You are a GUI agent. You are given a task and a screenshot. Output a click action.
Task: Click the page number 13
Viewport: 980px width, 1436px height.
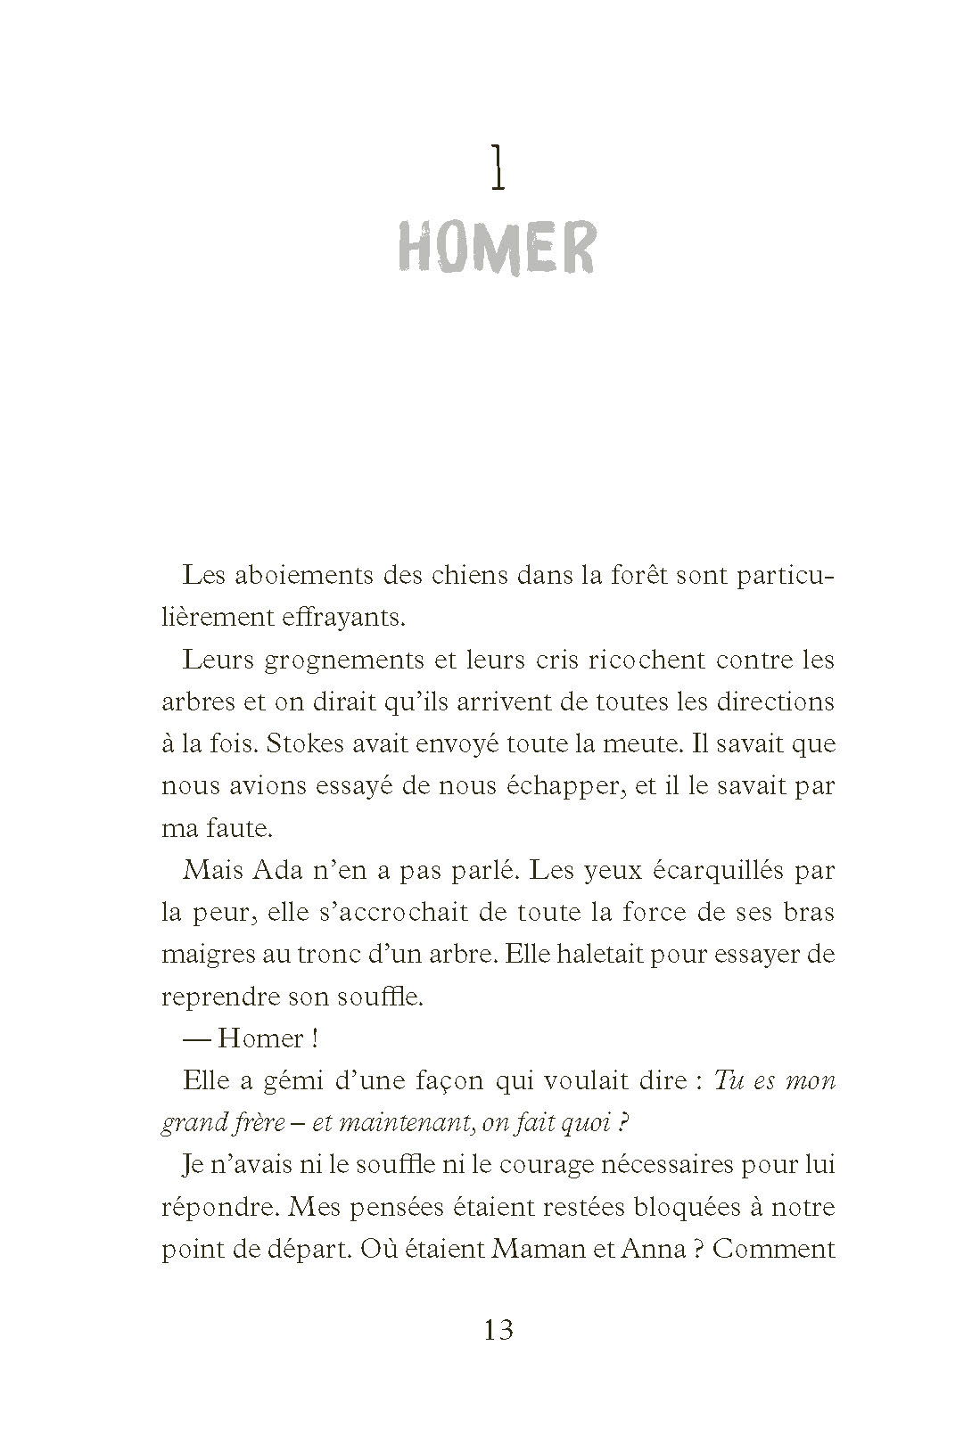click(x=499, y=1332)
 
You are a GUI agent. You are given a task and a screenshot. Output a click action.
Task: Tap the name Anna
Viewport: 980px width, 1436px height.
click(x=643, y=1249)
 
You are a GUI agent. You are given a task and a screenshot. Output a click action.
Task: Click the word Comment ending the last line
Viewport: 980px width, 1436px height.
click(x=774, y=1249)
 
